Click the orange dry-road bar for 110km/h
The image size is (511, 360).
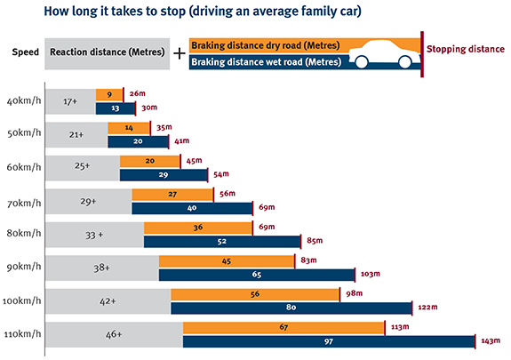click(283, 327)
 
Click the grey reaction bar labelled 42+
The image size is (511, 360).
click(107, 301)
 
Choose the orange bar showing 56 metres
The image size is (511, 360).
click(255, 294)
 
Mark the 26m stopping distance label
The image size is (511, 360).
click(137, 94)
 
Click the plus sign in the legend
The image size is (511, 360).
click(179, 53)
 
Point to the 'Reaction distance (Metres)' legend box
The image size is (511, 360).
click(106, 53)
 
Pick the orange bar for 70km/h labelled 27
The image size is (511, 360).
click(172, 194)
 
